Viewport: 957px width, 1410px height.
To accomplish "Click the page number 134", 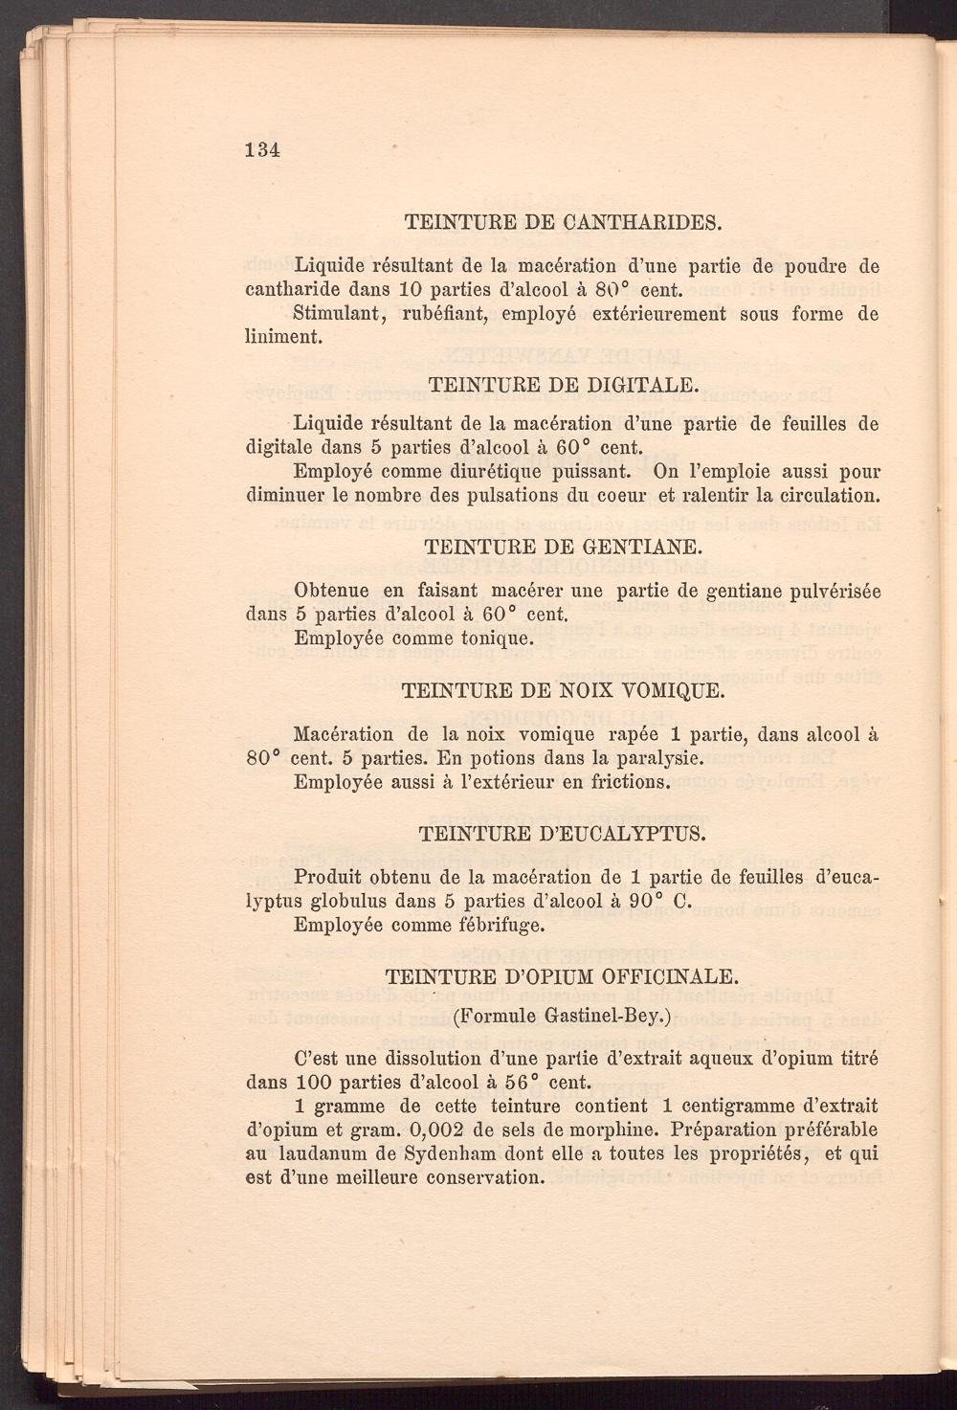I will pyautogui.click(x=261, y=149).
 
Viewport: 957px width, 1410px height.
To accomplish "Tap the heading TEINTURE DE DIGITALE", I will pyautogui.click(x=562, y=384).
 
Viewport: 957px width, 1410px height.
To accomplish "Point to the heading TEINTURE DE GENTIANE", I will pyautogui.click(x=563, y=548).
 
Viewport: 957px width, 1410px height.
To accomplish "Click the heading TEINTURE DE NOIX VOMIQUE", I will pyautogui.click(x=562, y=690).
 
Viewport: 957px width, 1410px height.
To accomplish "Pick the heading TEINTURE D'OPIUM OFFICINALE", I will pyautogui.click(x=562, y=976).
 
